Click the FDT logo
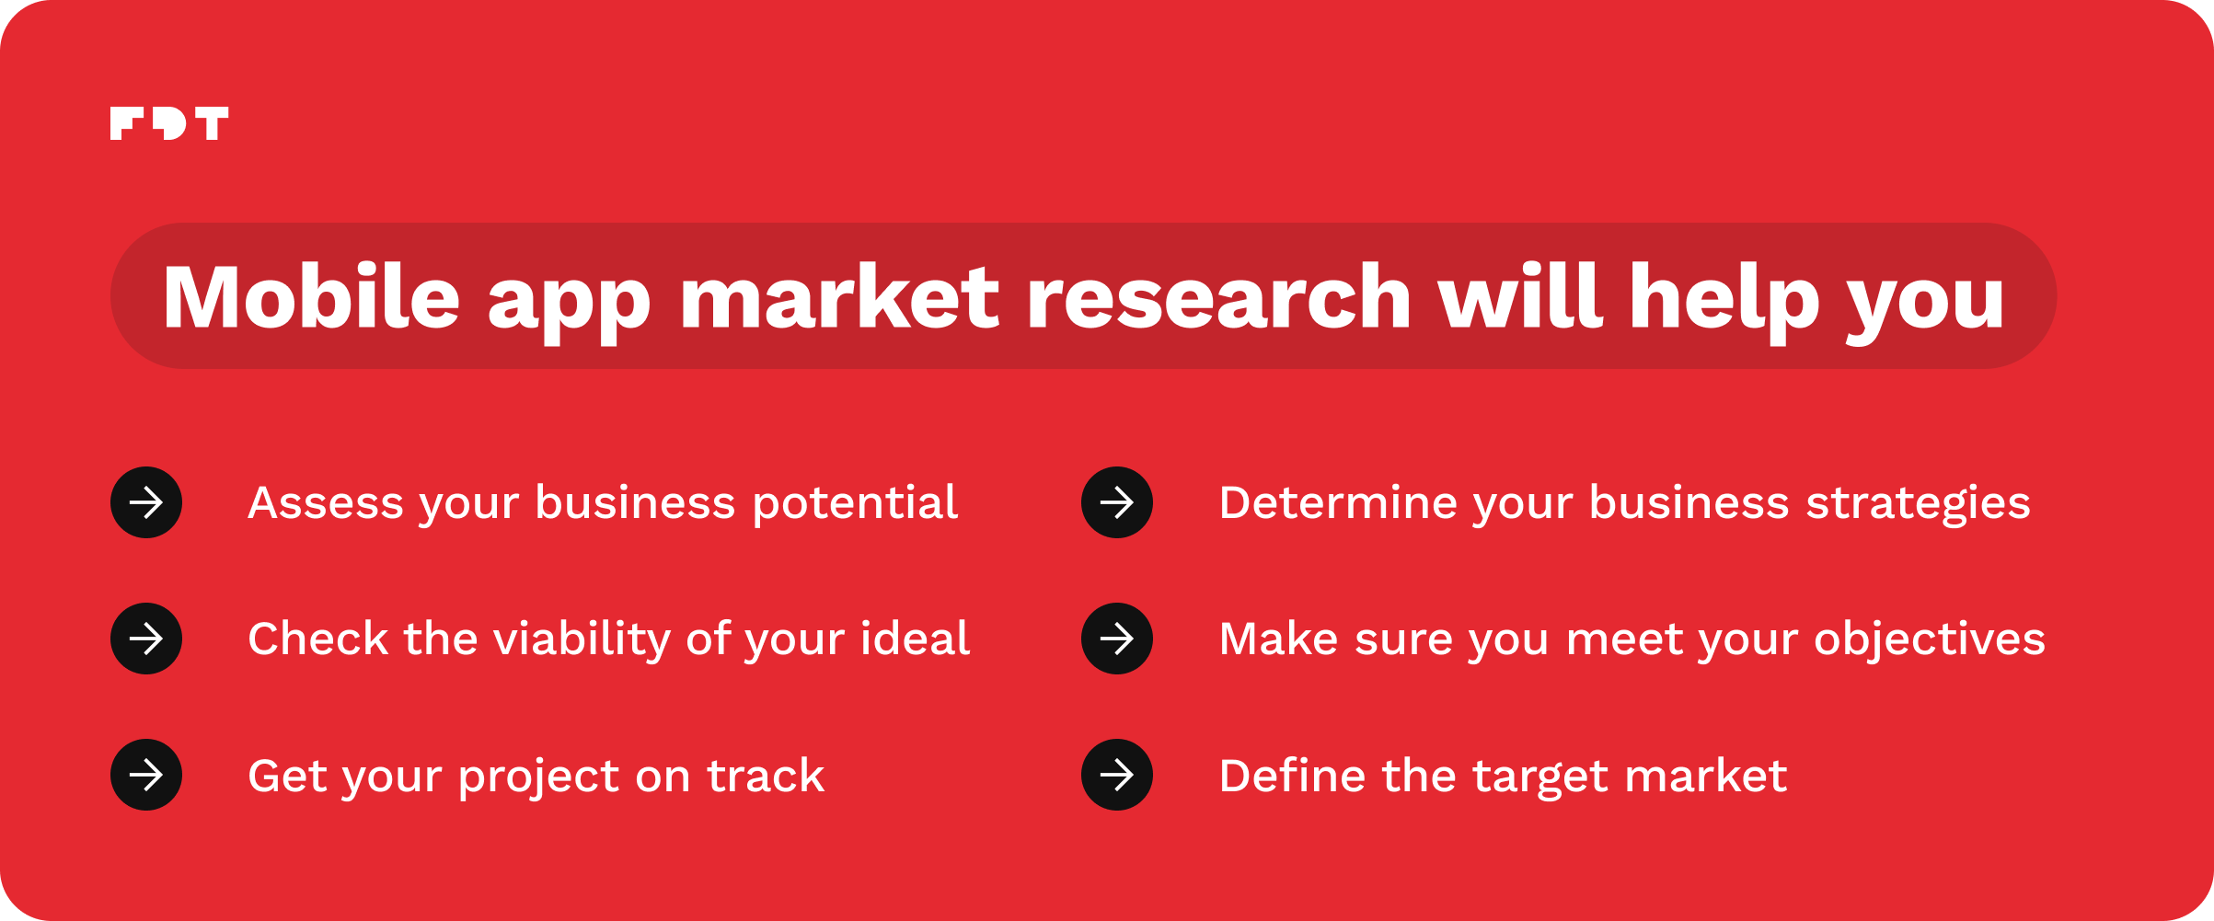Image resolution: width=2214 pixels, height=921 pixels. point(169,123)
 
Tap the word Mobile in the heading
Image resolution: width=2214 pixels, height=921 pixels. point(311,296)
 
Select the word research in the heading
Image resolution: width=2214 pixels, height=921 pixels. point(1218,296)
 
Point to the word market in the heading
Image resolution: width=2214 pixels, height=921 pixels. point(839,296)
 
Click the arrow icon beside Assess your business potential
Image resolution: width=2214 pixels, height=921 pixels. point(146,502)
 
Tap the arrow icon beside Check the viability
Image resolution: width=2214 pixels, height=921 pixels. point(146,639)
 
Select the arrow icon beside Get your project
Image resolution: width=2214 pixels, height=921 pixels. point(146,775)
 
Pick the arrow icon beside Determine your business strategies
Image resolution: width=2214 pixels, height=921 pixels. point(1117,502)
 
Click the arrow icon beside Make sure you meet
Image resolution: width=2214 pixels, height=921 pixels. point(1117,639)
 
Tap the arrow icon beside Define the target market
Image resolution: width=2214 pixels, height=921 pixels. point(1117,775)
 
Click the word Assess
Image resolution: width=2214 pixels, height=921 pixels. point(326,503)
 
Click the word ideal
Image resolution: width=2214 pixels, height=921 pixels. point(915,639)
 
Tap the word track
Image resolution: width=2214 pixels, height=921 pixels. point(766,776)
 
